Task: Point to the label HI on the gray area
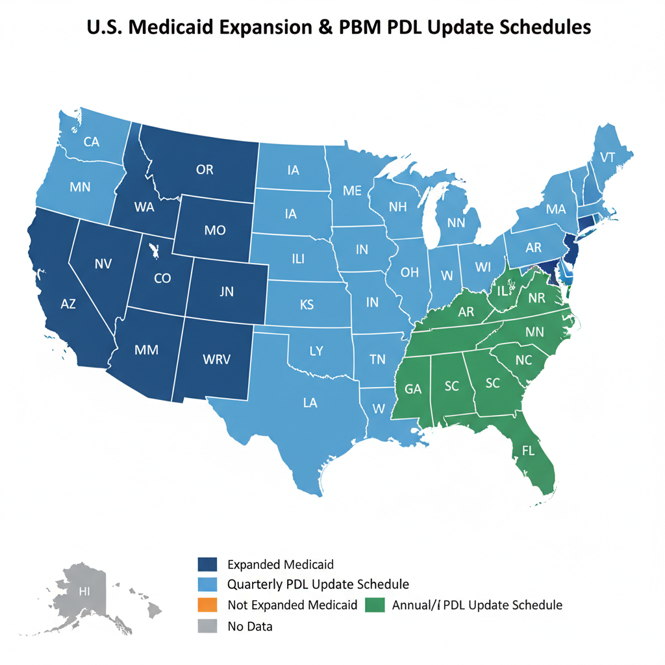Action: [84, 591]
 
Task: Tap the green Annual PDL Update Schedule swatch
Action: [375, 605]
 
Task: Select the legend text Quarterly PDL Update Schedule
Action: [318, 584]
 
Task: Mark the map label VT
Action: [607, 157]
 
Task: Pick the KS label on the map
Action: [307, 304]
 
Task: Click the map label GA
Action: [413, 390]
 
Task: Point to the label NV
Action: [103, 264]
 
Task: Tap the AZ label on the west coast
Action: [68, 304]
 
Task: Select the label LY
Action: [316, 351]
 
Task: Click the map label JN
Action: [226, 292]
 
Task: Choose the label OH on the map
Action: [410, 272]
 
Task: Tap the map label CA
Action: [92, 142]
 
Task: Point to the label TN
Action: [377, 359]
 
